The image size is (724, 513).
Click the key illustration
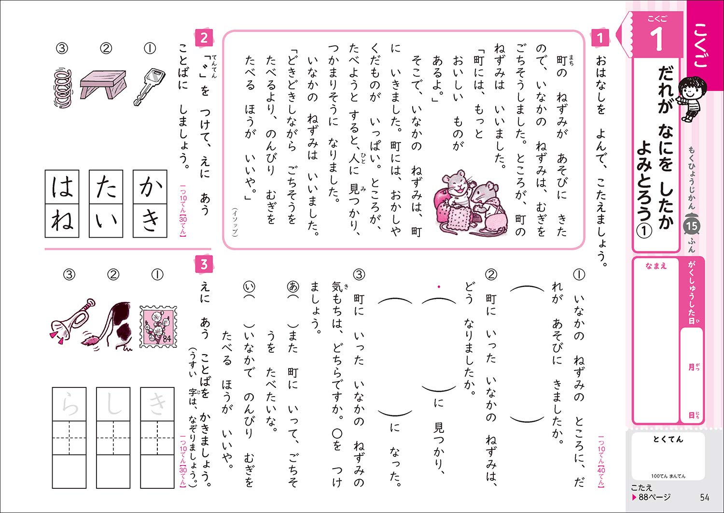(x=148, y=85)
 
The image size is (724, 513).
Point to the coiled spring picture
(x=63, y=87)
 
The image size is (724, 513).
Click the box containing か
(x=150, y=187)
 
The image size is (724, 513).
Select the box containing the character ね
(x=62, y=221)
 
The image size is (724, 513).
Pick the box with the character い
(x=106, y=221)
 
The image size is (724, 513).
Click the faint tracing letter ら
(x=70, y=404)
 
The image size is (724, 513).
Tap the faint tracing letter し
(x=113, y=404)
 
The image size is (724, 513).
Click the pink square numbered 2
(x=204, y=37)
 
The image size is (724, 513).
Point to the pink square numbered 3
(x=204, y=264)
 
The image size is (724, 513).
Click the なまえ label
(x=656, y=266)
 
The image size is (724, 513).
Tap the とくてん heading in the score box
(x=668, y=439)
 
